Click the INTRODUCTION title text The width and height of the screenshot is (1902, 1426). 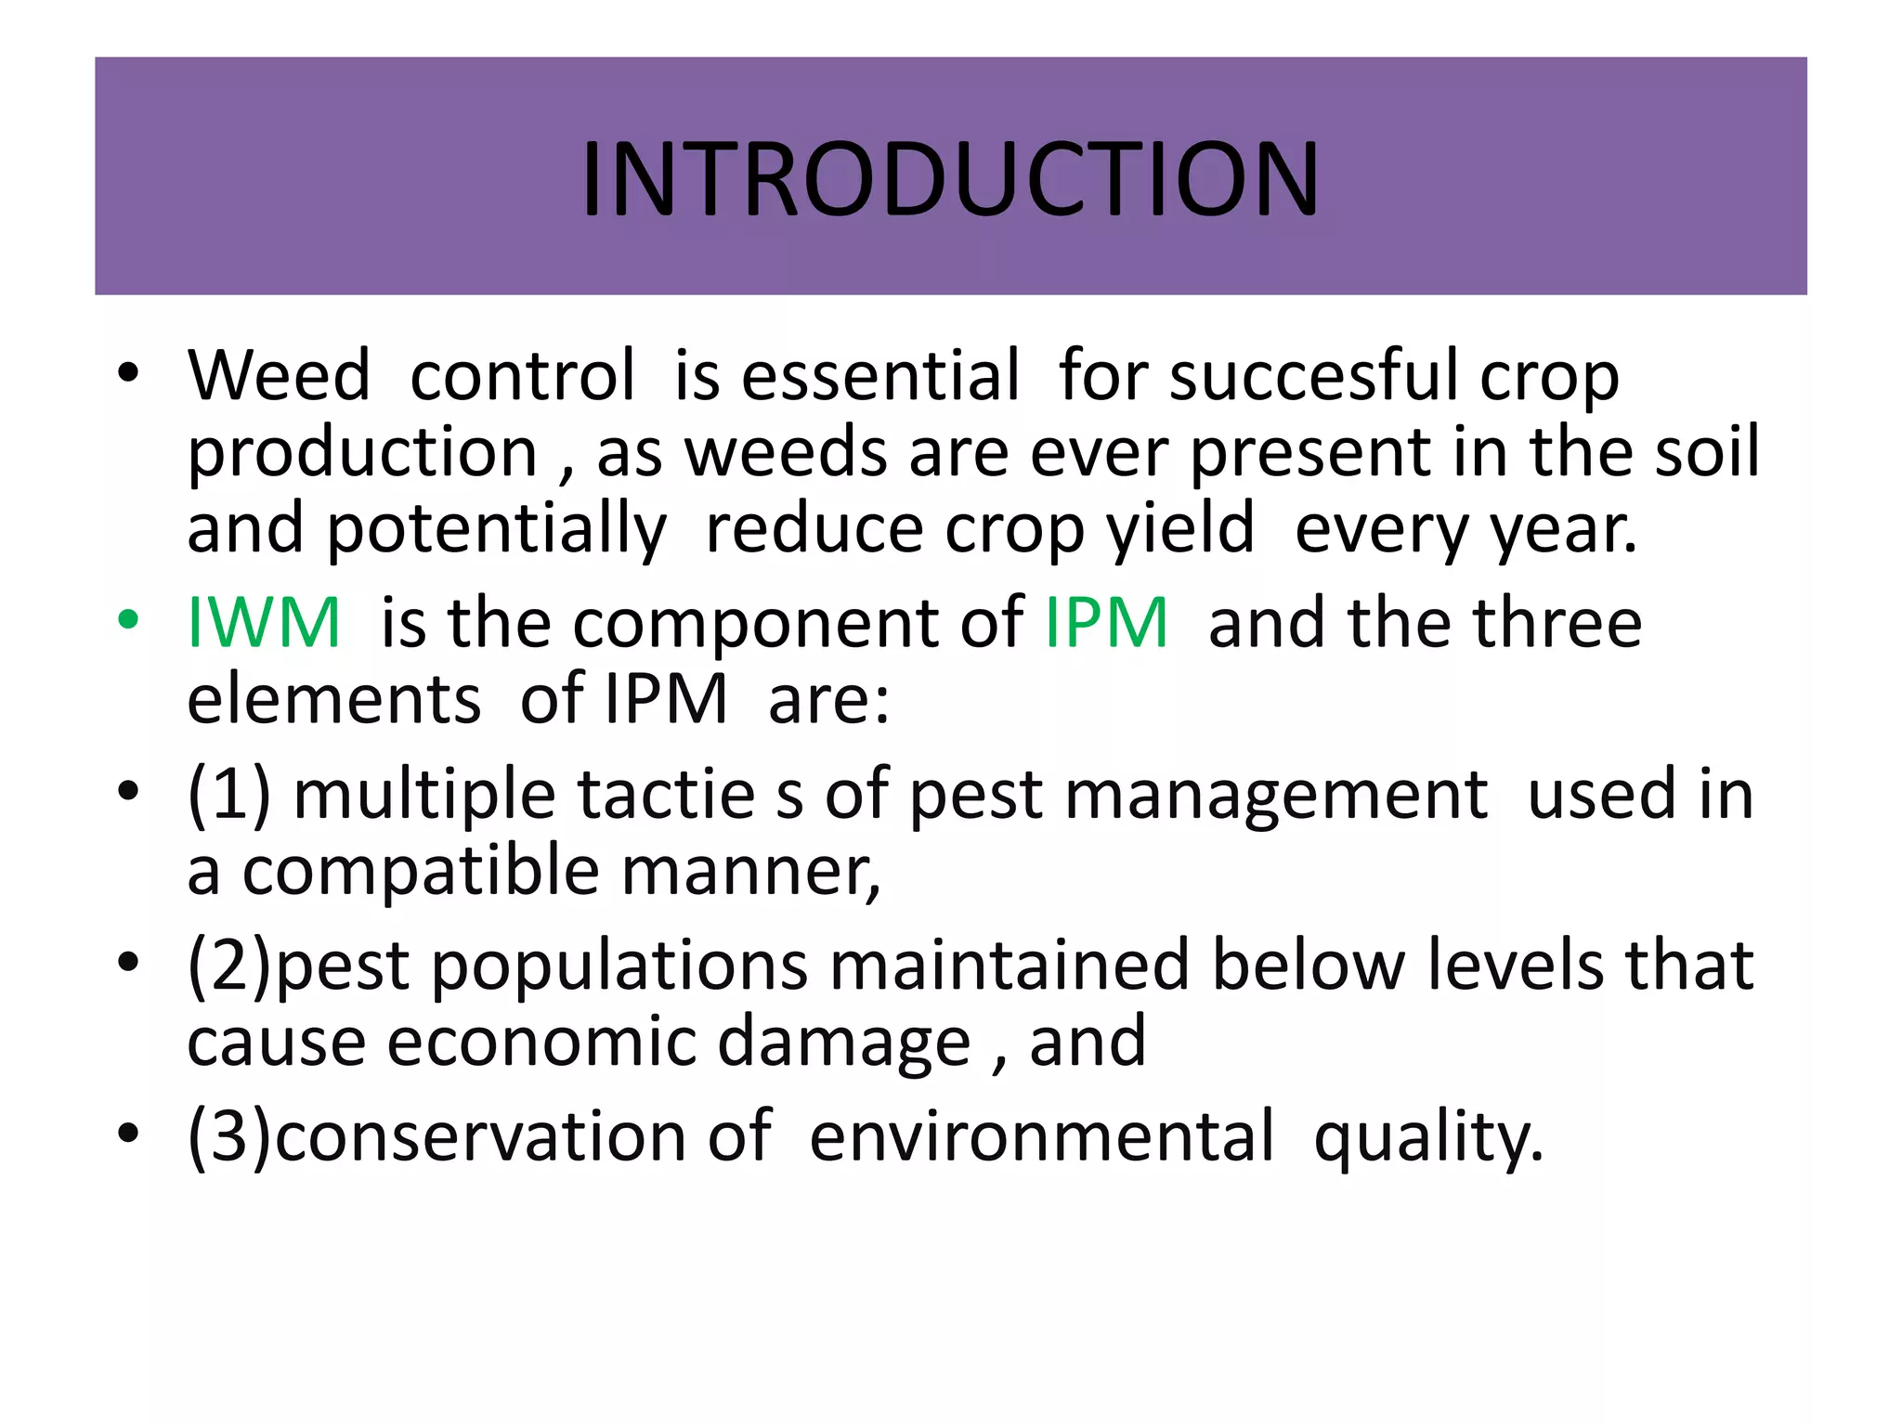(x=950, y=178)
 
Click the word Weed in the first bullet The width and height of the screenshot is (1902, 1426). (x=279, y=375)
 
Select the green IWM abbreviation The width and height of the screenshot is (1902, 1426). (x=265, y=622)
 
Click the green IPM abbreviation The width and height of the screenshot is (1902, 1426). (x=1106, y=622)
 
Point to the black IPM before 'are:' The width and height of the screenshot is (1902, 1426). (x=666, y=698)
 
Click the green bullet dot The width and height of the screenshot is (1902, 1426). (x=128, y=619)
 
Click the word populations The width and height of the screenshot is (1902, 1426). (x=619, y=966)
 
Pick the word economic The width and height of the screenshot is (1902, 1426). (x=541, y=1042)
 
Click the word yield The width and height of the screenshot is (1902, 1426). (x=1180, y=529)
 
